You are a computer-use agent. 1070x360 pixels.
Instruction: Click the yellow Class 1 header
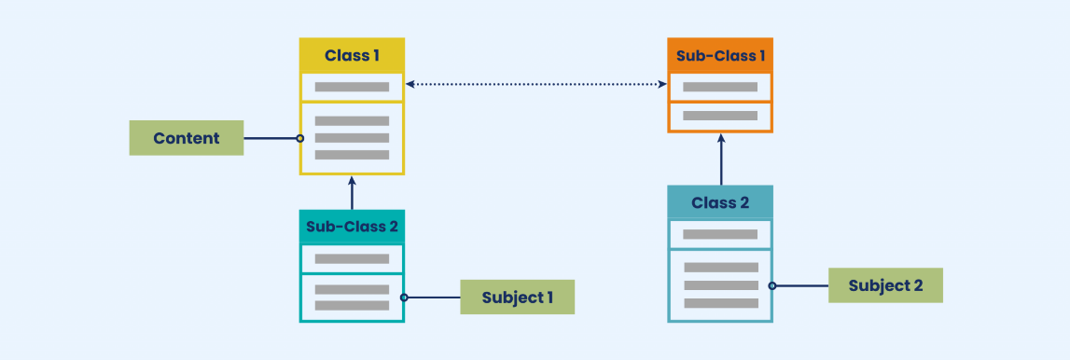click(x=352, y=55)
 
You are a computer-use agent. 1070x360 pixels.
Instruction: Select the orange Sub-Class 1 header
click(x=720, y=55)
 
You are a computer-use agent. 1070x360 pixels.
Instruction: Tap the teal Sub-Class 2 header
click(x=352, y=227)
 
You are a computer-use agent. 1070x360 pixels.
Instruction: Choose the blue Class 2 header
click(x=720, y=202)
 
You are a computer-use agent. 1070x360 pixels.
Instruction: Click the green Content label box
click(x=187, y=138)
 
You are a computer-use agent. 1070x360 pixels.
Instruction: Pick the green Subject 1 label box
click(x=517, y=298)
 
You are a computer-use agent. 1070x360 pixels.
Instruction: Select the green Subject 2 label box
click(x=885, y=285)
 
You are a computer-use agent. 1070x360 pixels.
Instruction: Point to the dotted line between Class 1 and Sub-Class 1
click(x=536, y=85)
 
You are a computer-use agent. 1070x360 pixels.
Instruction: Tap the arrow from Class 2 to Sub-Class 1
click(x=720, y=159)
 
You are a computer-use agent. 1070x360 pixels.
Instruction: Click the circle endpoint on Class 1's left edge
click(x=299, y=138)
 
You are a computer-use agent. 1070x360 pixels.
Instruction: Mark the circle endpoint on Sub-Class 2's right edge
click(x=404, y=298)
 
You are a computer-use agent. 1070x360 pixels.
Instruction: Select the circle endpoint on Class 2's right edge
click(x=772, y=285)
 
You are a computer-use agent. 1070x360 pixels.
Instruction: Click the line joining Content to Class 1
click(x=271, y=138)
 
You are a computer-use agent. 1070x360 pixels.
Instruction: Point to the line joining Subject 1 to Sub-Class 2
click(x=433, y=298)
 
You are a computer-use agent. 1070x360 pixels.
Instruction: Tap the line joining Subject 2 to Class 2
click(x=801, y=285)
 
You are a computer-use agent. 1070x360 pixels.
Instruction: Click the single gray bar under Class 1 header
click(x=352, y=87)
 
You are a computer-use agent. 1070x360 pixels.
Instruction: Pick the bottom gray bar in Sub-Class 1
click(x=720, y=117)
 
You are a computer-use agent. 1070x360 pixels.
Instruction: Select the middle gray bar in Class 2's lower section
click(x=720, y=285)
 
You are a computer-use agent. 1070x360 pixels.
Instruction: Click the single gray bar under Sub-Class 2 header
click(x=352, y=258)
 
